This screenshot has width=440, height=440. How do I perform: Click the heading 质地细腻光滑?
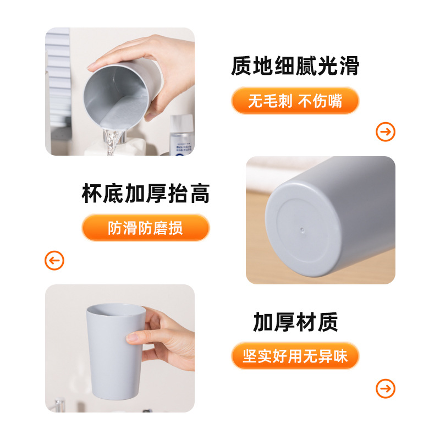pyautogui.click(x=295, y=66)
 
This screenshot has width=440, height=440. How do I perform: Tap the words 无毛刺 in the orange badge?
pyautogui.click(x=270, y=101)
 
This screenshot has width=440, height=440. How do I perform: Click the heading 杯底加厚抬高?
pyautogui.click(x=146, y=194)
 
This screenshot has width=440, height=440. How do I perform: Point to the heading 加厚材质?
pyautogui.click(x=295, y=322)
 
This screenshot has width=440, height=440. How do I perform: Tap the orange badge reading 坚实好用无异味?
pyautogui.click(x=295, y=356)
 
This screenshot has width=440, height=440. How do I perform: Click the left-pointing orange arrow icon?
pyautogui.click(x=54, y=260)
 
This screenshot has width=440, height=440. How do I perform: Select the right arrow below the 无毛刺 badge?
pyautogui.click(x=385, y=132)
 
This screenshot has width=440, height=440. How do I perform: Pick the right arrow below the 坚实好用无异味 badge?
pyautogui.click(x=385, y=388)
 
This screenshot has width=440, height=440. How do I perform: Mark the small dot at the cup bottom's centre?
pyautogui.click(x=301, y=227)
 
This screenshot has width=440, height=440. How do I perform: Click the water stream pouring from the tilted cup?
pyautogui.click(x=112, y=143)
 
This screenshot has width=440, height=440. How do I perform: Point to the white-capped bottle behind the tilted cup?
pyautogui.click(x=182, y=135)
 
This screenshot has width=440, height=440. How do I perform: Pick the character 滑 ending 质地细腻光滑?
pyautogui.click(x=348, y=66)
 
